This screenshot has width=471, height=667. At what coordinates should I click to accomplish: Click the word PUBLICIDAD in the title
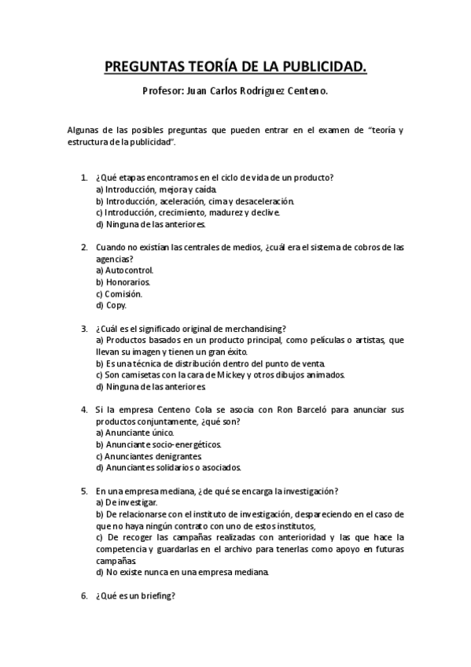pyautogui.click(x=323, y=68)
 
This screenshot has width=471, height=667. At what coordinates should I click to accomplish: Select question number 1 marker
pyautogui.click(x=84, y=179)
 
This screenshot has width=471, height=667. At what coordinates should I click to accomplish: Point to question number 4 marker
pyautogui.click(x=84, y=410)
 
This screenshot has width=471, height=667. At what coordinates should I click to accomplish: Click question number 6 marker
pyautogui.click(x=84, y=595)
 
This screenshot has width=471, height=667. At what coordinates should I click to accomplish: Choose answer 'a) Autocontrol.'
pyautogui.click(x=123, y=270)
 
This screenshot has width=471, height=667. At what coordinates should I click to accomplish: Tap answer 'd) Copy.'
pyautogui.click(x=110, y=305)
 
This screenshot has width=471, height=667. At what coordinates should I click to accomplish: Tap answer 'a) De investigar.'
pyautogui.click(x=126, y=502)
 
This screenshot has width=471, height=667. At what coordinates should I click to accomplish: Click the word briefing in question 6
pyautogui.click(x=158, y=595)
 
